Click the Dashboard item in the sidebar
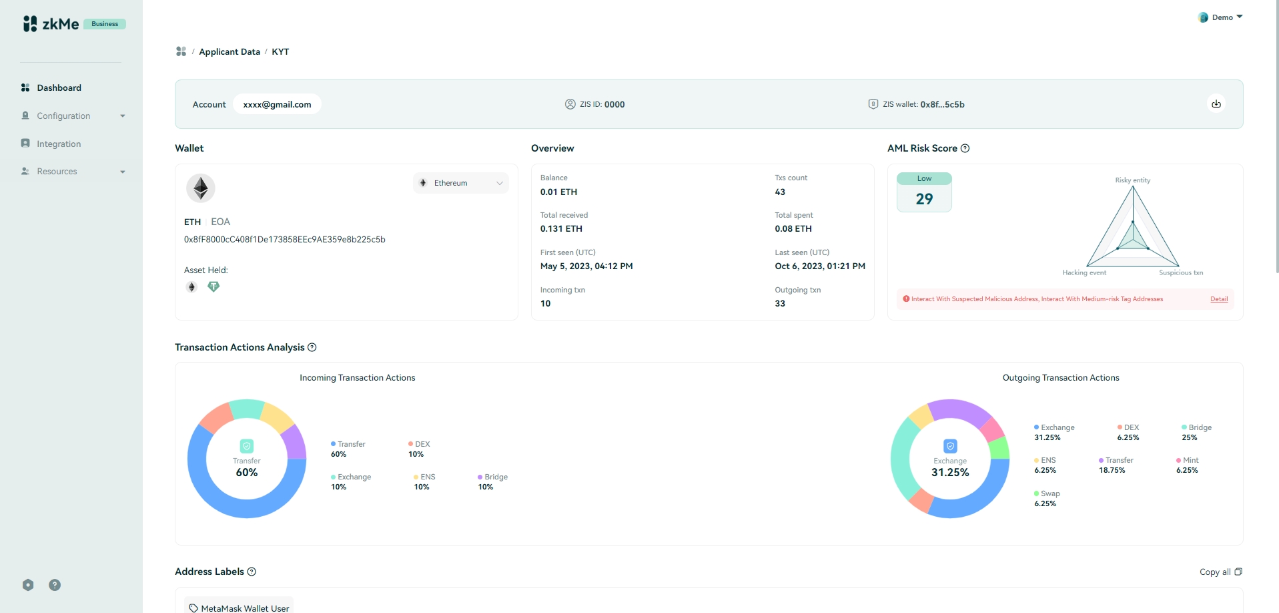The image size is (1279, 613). (59, 87)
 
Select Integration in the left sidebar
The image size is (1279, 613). (59, 144)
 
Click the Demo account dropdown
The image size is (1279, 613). (1220, 17)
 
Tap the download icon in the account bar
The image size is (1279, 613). (1216, 104)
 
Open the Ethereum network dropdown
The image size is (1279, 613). (460, 183)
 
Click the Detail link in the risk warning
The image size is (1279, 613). (1219, 299)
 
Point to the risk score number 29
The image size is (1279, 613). (924, 199)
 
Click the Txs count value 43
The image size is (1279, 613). (780, 192)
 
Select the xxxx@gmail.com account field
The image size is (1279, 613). (277, 104)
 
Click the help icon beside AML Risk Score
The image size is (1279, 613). (965, 148)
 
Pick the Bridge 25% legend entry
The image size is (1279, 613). (1196, 432)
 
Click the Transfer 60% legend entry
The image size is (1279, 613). (348, 449)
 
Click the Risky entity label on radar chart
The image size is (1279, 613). (1132, 180)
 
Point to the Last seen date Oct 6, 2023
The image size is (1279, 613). (820, 266)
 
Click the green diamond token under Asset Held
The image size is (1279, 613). (214, 286)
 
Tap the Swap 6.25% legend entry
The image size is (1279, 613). (1046, 498)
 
